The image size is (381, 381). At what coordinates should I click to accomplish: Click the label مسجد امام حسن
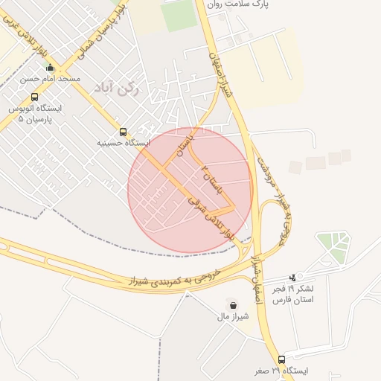[x=51, y=78]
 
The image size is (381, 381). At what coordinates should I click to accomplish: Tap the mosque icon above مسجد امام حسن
[x=51, y=68]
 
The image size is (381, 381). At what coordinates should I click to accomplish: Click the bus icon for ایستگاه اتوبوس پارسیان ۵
[x=34, y=97]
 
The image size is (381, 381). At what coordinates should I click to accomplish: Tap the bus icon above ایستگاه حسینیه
[x=123, y=132]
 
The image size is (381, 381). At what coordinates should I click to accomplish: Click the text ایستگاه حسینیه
[x=124, y=142]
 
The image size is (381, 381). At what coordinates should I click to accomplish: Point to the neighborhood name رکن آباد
[x=118, y=89]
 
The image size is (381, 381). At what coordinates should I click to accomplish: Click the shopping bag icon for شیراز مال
[x=233, y=304]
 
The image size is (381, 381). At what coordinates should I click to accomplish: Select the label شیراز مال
[x=232, y=316]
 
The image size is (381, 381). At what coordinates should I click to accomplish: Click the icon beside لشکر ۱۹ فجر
[x=301, y=277]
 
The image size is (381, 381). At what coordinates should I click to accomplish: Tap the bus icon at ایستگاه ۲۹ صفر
[x=281, y=359]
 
